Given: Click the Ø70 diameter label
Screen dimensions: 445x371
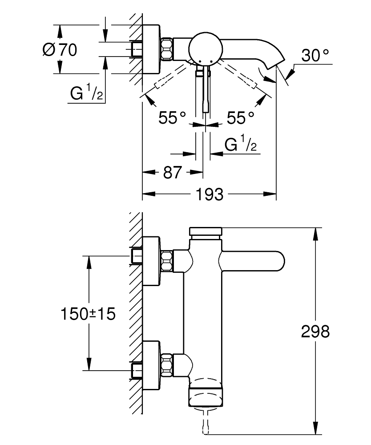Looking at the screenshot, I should coord(60,49).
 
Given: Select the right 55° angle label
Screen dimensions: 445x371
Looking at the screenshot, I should coord(241,117).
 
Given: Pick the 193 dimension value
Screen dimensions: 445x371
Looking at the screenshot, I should coord(210,194).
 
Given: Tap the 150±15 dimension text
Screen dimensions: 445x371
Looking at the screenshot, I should coord(88,314).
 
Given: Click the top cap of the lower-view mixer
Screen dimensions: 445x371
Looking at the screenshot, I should coord(205,232).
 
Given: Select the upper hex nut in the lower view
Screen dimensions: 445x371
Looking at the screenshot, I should coord(167,261).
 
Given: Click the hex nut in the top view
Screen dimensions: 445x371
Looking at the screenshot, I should coord(167,48).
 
